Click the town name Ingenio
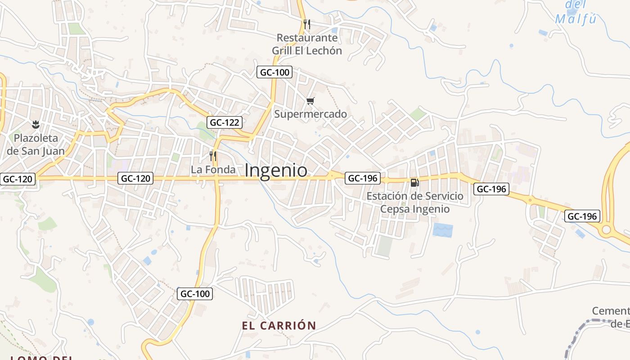[x=276, y=171]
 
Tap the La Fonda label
[x=213, y=170]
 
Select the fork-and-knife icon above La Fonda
[x=213, y=156]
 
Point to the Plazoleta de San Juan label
[x=36, y=144]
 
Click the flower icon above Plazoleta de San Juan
[x=36, y=124]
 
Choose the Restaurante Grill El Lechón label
[x=307, y=44]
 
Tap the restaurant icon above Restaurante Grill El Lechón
[x=307, y=24]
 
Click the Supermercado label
[x=310, y=114]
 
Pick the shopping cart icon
[x=310, y=101]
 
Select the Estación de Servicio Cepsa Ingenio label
[x=414, y=202]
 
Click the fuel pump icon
[x=414, y=182]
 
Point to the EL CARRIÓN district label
[x=279, y=325]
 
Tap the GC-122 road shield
[x=225, y=122]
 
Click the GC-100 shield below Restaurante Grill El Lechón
[x=274, y=72]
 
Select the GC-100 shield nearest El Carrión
[x=194, y=294]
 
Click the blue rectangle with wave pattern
[x=442, y=230]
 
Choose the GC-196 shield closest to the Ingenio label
[x=363, y=178]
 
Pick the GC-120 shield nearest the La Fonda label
[x=136, y=178]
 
